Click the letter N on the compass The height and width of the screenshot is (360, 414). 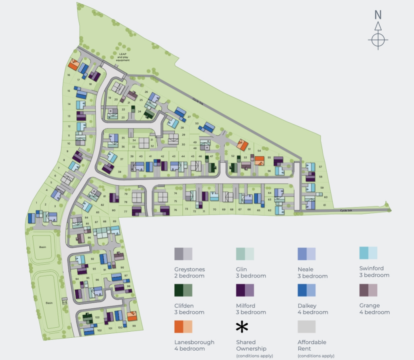pos(378,15)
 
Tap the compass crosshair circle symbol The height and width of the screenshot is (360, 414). pos(378,40)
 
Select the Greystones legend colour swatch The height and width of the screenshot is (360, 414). pos(183,254)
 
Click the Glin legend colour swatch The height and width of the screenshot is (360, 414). pos(245,254)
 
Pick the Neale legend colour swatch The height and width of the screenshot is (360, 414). pos(306,254)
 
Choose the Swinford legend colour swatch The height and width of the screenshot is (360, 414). pos(368,253)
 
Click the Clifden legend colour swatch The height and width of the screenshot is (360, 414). pos(183,291)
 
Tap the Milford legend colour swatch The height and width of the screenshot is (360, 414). pos(245,291)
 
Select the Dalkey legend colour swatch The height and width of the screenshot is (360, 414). pos(306,291)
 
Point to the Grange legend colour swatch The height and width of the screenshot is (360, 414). pos(368,290)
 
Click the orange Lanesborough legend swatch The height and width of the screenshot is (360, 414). pos(183,327)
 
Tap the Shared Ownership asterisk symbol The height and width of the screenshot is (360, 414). pos(242,327)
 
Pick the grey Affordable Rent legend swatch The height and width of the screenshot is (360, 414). pos(306,327)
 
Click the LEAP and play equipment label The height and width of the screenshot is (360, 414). pos(123,57)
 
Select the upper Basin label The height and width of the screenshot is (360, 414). pos(43,247)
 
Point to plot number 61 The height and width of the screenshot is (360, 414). pos(325,205)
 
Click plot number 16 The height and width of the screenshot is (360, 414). pos(69,75)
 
